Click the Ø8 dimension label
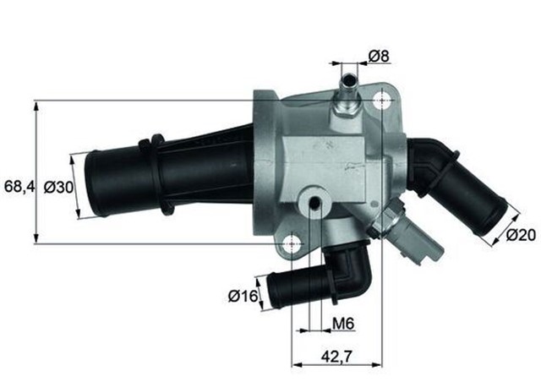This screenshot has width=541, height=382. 380,57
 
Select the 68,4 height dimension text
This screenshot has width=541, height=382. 18,185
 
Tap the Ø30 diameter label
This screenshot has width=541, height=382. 57,185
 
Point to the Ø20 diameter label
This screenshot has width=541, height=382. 522,236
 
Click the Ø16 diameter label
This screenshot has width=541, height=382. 243,296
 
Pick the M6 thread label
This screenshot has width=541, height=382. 342,323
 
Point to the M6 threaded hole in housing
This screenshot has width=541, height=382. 314,203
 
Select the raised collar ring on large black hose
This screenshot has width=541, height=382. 158,174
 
